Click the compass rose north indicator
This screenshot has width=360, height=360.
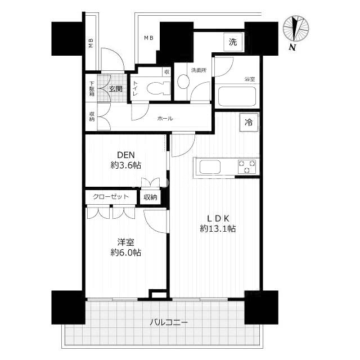296,29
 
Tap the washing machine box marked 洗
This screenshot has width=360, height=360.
233,42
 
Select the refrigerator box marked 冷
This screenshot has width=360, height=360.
249,123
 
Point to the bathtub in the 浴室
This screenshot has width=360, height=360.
237,96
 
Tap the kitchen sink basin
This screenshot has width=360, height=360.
210,167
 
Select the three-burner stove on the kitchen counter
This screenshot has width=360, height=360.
247,166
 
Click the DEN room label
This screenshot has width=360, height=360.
126,155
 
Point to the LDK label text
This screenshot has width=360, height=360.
218,218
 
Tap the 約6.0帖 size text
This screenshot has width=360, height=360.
126,253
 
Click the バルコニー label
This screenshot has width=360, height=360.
169,322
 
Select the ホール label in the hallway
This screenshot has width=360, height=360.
165,119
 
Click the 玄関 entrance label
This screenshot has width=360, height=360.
115,89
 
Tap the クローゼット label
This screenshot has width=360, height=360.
111,196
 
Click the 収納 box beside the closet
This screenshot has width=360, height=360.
150,197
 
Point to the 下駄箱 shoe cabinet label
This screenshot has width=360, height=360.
92,88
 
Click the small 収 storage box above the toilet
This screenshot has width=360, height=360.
166,72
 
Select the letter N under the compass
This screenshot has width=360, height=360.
292,47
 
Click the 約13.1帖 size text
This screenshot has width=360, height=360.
218,229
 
